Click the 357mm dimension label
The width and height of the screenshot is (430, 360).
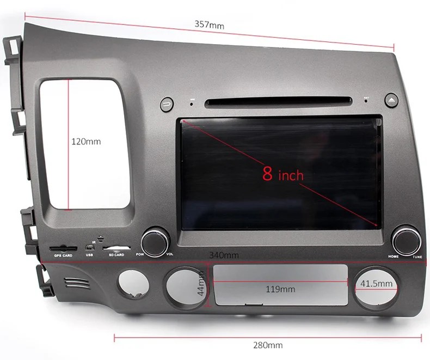pos(209,25)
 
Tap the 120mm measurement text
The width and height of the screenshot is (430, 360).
pos(86,141)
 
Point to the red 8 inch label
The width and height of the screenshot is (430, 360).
pos(282,174)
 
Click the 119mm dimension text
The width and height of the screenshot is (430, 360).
pos(280,289)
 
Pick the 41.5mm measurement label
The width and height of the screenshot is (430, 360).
pos(376,283)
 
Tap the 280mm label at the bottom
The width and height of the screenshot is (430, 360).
pos(268,345)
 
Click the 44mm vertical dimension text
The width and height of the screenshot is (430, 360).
pos(201,284)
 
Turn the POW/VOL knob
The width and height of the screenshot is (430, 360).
pos(154,240)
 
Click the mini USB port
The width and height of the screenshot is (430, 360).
pos(89,248)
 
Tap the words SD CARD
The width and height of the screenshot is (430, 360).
pos(116,255)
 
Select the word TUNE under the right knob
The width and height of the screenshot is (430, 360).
pos(417,257)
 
